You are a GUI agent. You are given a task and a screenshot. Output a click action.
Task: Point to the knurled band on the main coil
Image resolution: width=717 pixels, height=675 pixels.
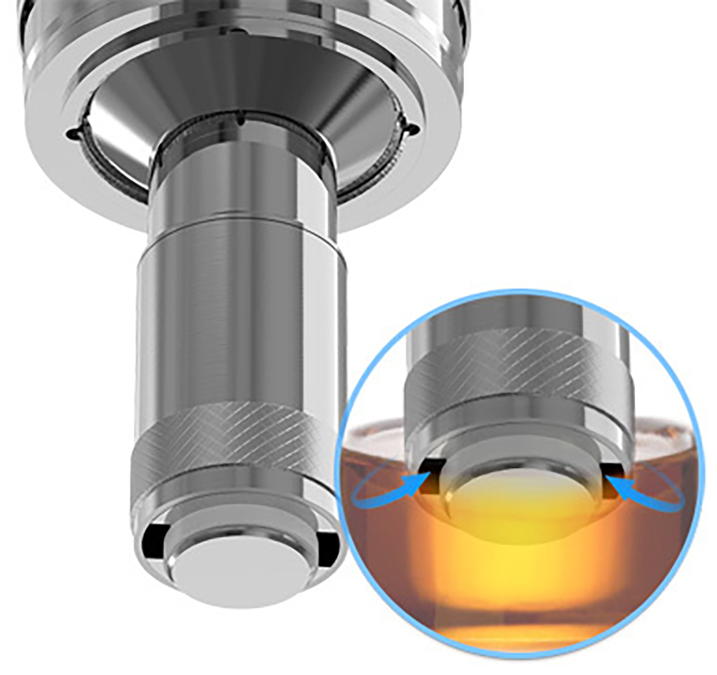(x=238, y=448)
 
